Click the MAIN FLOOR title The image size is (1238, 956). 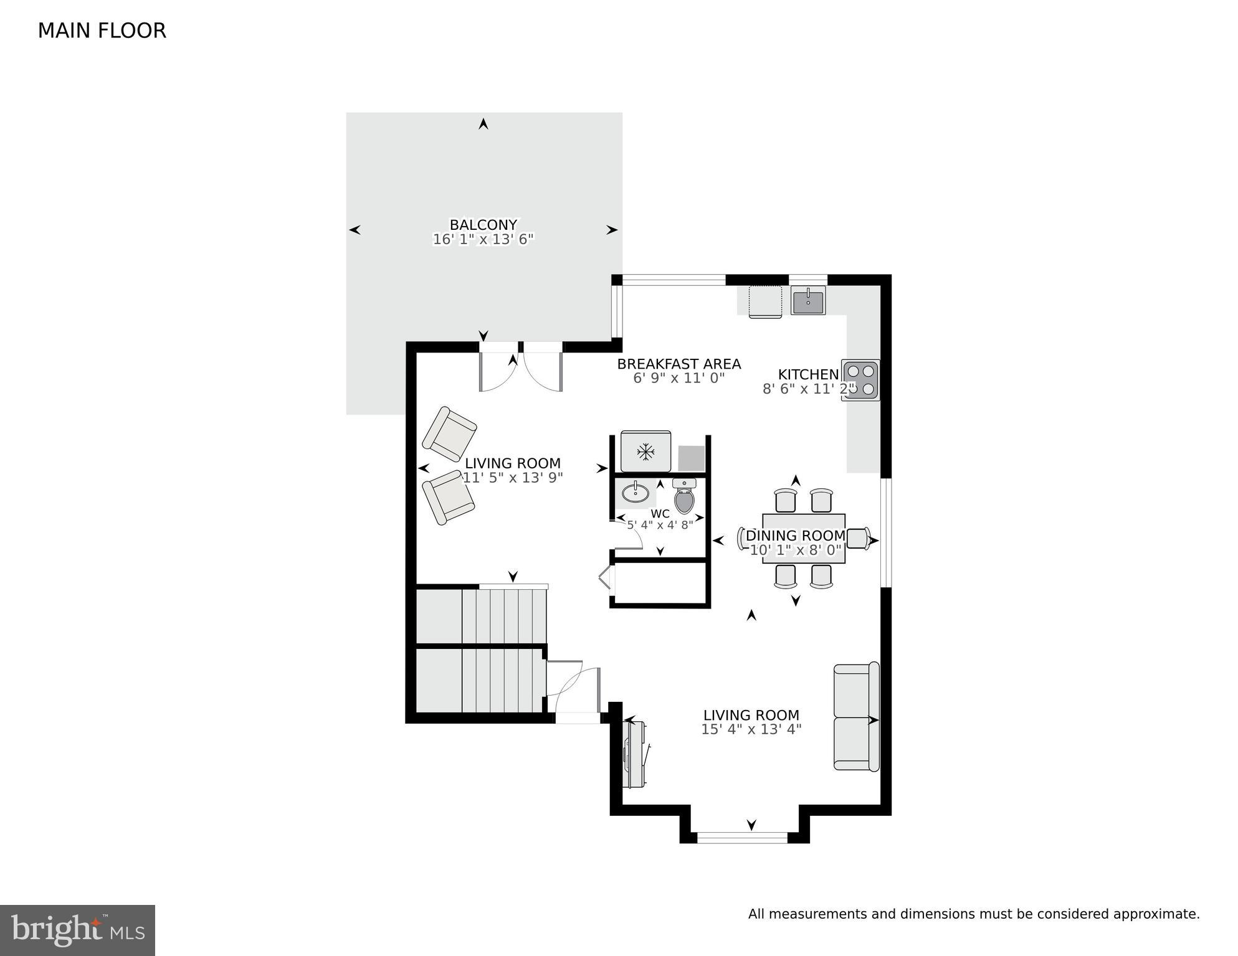tap(102, 31)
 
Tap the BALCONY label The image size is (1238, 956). tap(483, 225)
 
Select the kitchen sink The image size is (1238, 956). tap(808, 301)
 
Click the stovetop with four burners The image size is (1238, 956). tap(860, 380)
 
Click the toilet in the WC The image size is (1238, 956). tap(684, 496)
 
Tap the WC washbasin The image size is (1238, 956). tap(636, 493)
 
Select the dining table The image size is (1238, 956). tap(804, 538)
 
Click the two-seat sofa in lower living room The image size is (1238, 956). tap(856, 717)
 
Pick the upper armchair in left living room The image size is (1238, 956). tap(449, 434)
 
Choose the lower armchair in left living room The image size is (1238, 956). tap(448, 497)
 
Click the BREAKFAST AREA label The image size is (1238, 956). tap(679, 364)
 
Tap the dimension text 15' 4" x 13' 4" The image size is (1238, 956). tap(751, 729)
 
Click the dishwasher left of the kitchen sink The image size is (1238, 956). tap(765, 301)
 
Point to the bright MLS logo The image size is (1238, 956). tap(77, 930)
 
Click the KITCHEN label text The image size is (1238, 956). tap(808, 374)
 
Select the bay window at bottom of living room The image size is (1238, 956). tap(742, 838)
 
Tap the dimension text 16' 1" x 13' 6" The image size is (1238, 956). tap(483, 239)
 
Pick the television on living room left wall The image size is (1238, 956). tap(636, 754)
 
